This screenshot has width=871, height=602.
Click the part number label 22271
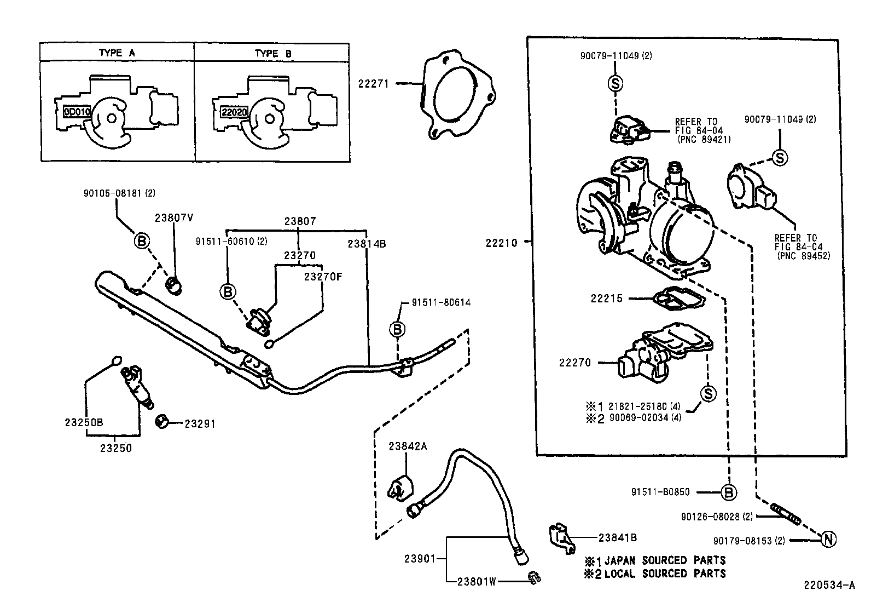(x=373, y=84)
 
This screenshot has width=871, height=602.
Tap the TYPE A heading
(x=117, y=53)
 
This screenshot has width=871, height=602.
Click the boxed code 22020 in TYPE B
(x=234, y=113)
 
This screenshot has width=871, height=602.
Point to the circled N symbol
(x=828, y=540)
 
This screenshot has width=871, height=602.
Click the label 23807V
(x=174, y=217)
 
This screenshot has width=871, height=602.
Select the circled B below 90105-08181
(x=142, y=240)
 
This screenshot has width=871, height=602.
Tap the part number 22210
(x=501, y=243)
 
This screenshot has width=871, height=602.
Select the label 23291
(x=200, y=423)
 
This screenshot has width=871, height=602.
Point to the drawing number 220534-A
(x=829, y=585)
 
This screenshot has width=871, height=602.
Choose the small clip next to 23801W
(x=533, y=577)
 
